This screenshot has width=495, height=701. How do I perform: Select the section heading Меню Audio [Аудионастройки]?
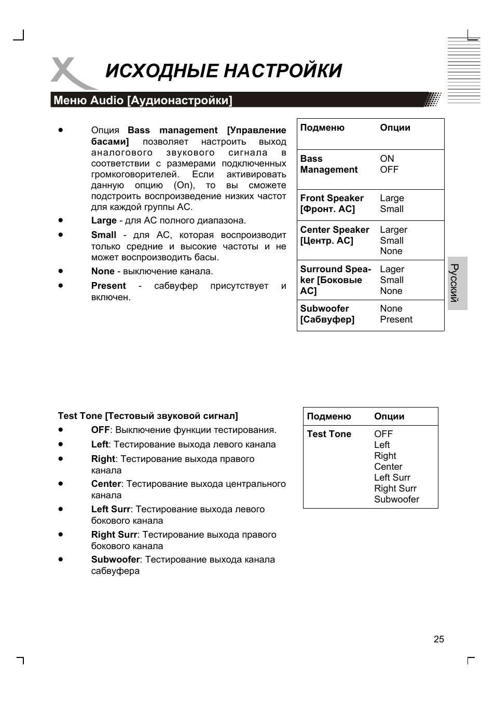(x=143, y=100)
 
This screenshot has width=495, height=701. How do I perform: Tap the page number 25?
(x=438, y=639)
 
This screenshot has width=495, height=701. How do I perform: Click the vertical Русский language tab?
(x=457, y=283)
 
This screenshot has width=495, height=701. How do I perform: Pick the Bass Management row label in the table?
(x=328, y=164)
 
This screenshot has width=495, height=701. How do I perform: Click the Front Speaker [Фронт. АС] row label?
(x=332, y=204)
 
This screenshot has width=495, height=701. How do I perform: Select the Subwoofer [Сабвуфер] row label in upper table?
(x=327, y=314)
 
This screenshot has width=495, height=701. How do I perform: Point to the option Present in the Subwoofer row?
(x=396, y=319)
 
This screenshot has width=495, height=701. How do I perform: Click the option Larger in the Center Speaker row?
(x=393, y=230)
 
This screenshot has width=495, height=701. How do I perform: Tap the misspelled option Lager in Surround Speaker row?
(x=392, y=269)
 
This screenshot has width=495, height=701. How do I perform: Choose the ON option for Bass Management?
(x=387, y=159)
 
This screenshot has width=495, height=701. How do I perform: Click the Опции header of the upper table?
(x=395, y=128)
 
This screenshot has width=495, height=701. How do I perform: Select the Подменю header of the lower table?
(x=329, y=416)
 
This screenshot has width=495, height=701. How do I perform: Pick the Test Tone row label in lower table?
(x=329, y=434)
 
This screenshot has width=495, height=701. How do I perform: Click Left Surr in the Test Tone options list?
(x=392, y=478)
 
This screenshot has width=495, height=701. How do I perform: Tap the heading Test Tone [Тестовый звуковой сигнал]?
(x=148, y=416)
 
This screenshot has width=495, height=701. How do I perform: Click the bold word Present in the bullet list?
(x=108, y=286)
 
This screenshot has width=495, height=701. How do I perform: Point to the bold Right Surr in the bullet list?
(x=114, y=535)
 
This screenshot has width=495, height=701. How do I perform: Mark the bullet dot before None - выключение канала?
(x=61, y=271)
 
